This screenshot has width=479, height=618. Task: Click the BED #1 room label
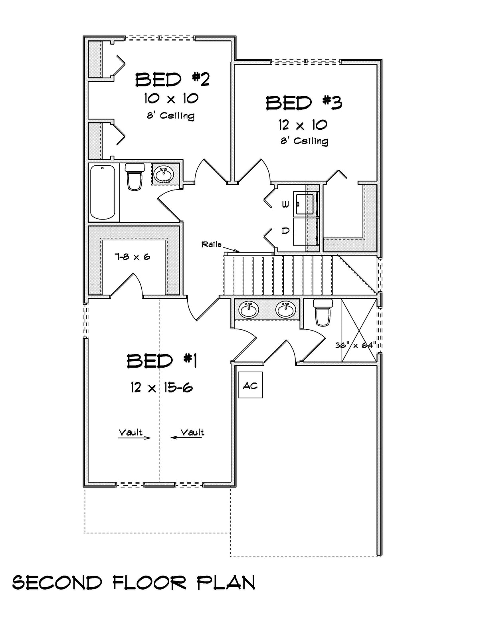point(162,361)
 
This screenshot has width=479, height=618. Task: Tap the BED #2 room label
point(172,79)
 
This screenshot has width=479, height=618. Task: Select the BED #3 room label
point(304,103)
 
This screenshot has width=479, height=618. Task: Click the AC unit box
point(250,385)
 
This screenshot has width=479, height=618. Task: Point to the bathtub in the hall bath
point(103,192)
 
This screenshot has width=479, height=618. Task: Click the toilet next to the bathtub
point(134,176)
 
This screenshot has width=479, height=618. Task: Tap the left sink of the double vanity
point(248,309)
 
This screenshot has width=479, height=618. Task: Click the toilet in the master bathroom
point(323,312)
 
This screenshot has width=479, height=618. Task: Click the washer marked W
point(305,204)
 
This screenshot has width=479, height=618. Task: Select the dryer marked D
point(305,231)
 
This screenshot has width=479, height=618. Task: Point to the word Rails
point(211,244)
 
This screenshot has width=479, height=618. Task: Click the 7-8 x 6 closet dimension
point(132,257)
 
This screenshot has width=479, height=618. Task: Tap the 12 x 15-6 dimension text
point(162,387)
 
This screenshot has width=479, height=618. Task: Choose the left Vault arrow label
point(131,432)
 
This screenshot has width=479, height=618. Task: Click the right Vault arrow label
point(192,432)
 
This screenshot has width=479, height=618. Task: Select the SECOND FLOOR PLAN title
point(134,583)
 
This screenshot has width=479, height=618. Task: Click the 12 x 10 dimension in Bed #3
point(303,125)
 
